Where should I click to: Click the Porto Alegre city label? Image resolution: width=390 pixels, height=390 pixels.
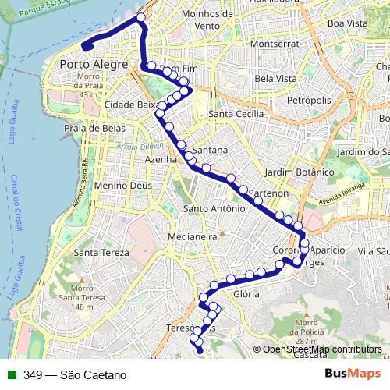click(x=93, y=64)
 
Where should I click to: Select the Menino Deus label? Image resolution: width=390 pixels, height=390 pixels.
click(x=122, y=186)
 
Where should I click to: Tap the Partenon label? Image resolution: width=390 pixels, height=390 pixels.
click(x=270, y=192)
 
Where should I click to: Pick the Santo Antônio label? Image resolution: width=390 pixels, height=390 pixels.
click(x=210, y=208)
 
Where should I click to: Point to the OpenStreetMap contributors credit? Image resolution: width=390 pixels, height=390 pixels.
click(x=321, y=349)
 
